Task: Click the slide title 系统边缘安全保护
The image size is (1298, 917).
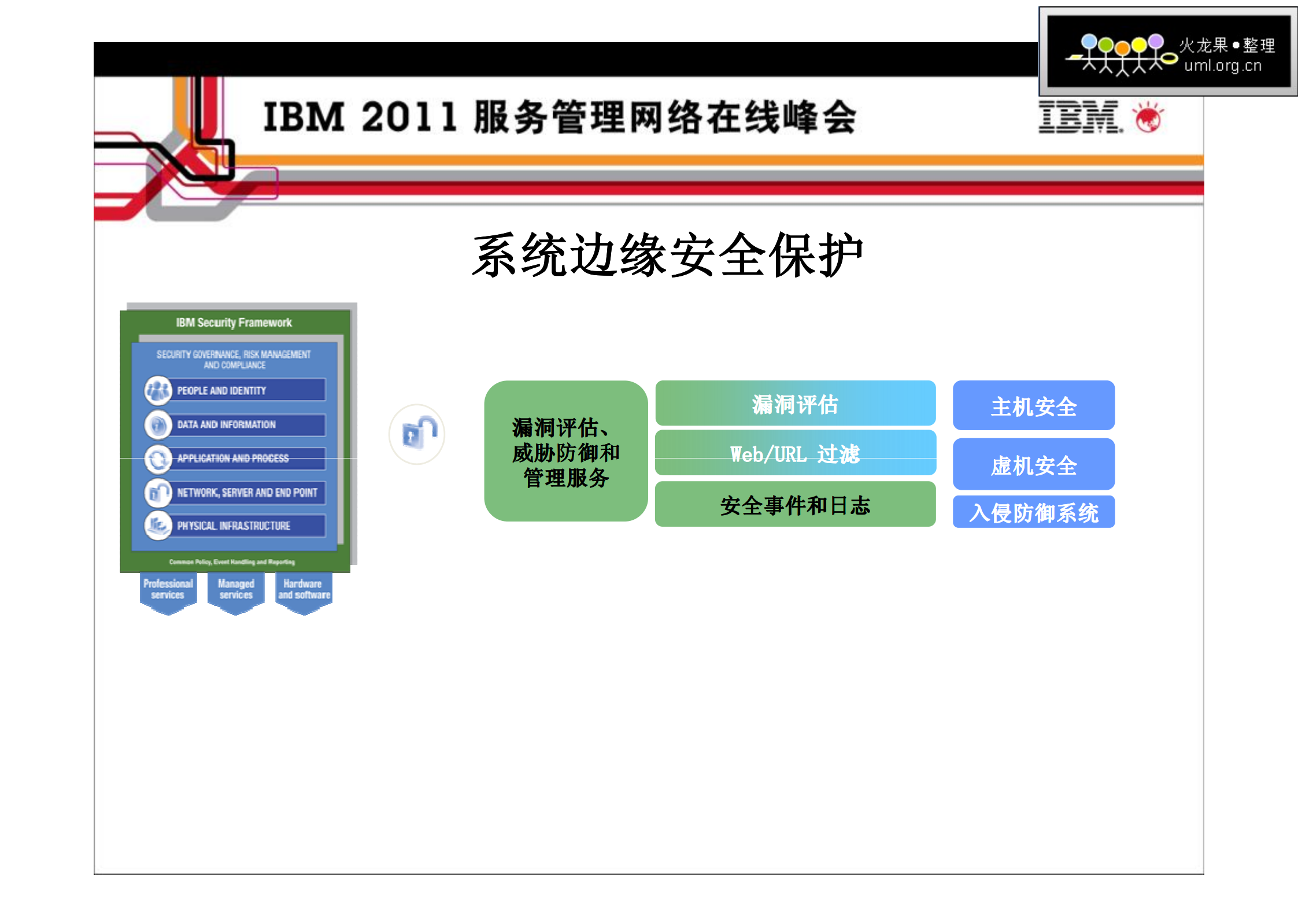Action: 667,255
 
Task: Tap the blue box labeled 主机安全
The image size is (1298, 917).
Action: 1033,406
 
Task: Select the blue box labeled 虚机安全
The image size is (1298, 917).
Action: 1033,464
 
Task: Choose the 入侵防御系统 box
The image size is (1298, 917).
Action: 1033,512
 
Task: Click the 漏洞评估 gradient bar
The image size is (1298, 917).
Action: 795,404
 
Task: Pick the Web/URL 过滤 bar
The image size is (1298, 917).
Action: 795,453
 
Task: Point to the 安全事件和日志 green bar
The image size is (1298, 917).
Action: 795,505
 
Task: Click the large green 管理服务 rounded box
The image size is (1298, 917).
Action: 565,452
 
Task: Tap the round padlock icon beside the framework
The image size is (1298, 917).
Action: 417,434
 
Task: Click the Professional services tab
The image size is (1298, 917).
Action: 168,590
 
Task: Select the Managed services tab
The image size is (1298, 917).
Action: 236,590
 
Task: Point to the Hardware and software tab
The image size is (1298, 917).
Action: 304,590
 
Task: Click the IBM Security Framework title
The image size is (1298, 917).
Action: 234,323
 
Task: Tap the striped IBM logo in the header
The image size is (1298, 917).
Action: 1079,117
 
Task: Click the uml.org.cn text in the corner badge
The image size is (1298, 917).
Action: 1222,66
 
